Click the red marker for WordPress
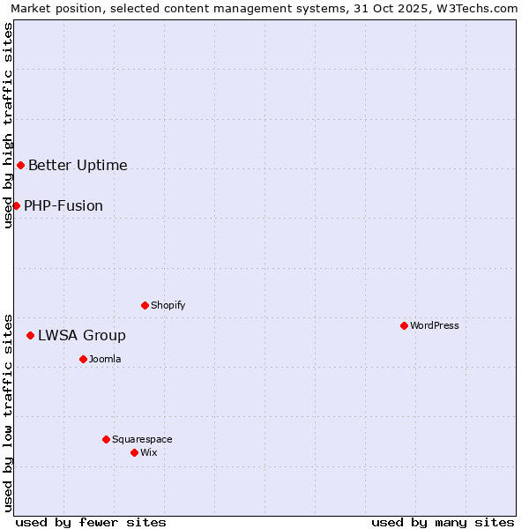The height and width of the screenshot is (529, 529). point(404,325)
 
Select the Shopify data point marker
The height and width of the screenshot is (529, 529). point(145,305)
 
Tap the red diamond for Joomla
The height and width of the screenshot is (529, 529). point(83,359)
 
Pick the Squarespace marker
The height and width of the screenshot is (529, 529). point(106,439)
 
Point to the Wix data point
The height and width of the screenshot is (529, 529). point(134,452)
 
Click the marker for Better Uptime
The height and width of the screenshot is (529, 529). point(20,165)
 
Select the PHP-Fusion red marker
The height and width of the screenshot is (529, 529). point(16,205)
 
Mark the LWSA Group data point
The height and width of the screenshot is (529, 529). point(30,335)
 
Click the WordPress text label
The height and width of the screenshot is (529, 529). point(435,325)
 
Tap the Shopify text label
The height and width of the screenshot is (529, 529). point(168,305)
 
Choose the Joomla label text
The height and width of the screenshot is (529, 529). point(105,359)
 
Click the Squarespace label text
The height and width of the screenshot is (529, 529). point(142,439)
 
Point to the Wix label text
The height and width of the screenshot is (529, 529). point(149,452)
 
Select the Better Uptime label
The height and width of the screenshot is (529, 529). point(78,165)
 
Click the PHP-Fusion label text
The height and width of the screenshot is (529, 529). point(63,205)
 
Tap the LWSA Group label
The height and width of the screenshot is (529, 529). point(82,335)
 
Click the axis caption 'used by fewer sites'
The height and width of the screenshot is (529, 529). point(91,522)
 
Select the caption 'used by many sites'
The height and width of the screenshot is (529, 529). point(443,522)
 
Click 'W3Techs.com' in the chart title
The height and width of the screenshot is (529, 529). point(481,8)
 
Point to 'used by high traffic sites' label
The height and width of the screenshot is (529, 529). point(8,125)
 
